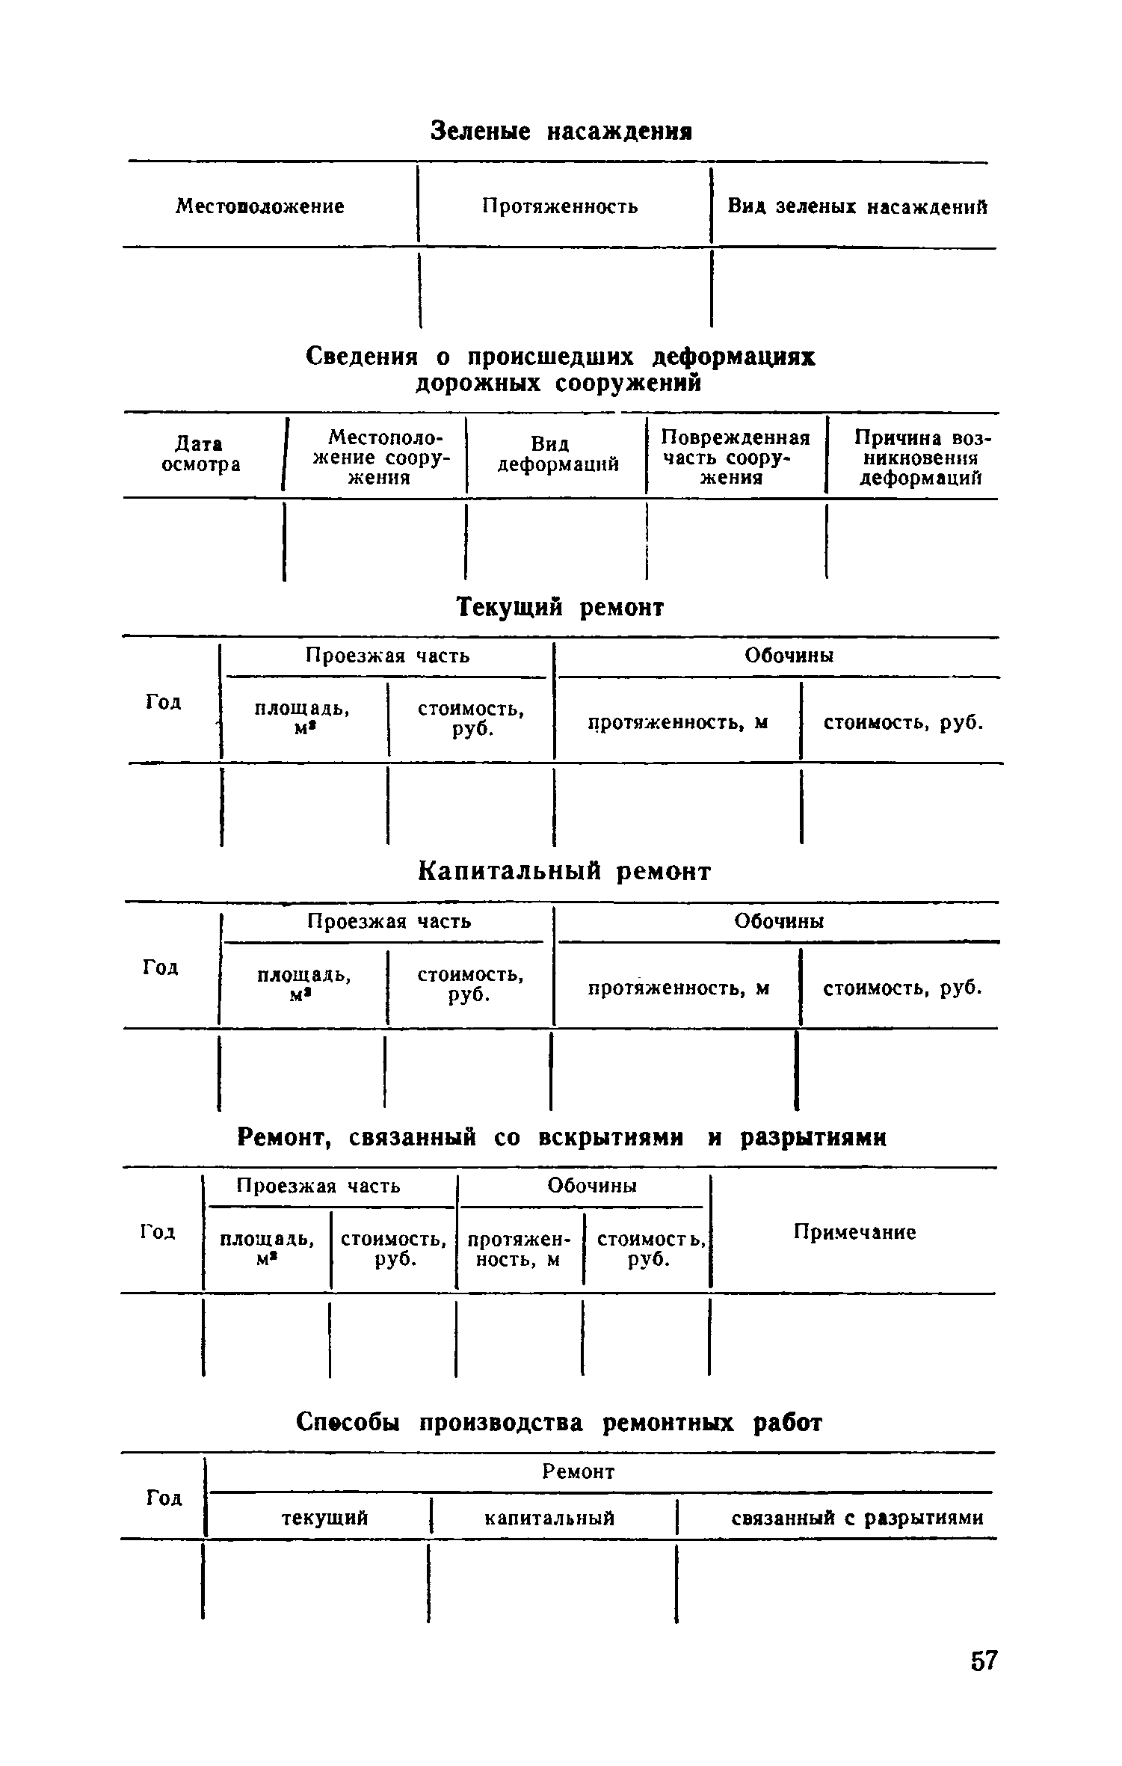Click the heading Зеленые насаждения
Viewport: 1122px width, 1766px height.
(561, 132)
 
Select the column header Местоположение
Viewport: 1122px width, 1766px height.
(260, 206)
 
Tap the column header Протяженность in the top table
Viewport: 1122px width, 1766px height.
(560, 206)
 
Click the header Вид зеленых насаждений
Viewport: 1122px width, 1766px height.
(857, 206)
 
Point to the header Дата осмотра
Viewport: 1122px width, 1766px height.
(202, 455)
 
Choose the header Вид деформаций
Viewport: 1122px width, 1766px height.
(558, 455)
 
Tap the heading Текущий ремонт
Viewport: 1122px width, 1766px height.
(560, 606)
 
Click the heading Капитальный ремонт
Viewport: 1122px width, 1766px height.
(564, 871)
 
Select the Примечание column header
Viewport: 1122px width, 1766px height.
(854, 1231)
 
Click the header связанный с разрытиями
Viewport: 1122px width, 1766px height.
(857, 1518)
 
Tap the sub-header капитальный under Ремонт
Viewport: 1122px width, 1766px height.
(549, 1518)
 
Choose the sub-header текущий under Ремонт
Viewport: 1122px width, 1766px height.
(324, 1518)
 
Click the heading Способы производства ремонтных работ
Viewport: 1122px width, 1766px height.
(559, 1422)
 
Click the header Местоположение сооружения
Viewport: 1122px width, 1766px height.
(380, 458)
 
